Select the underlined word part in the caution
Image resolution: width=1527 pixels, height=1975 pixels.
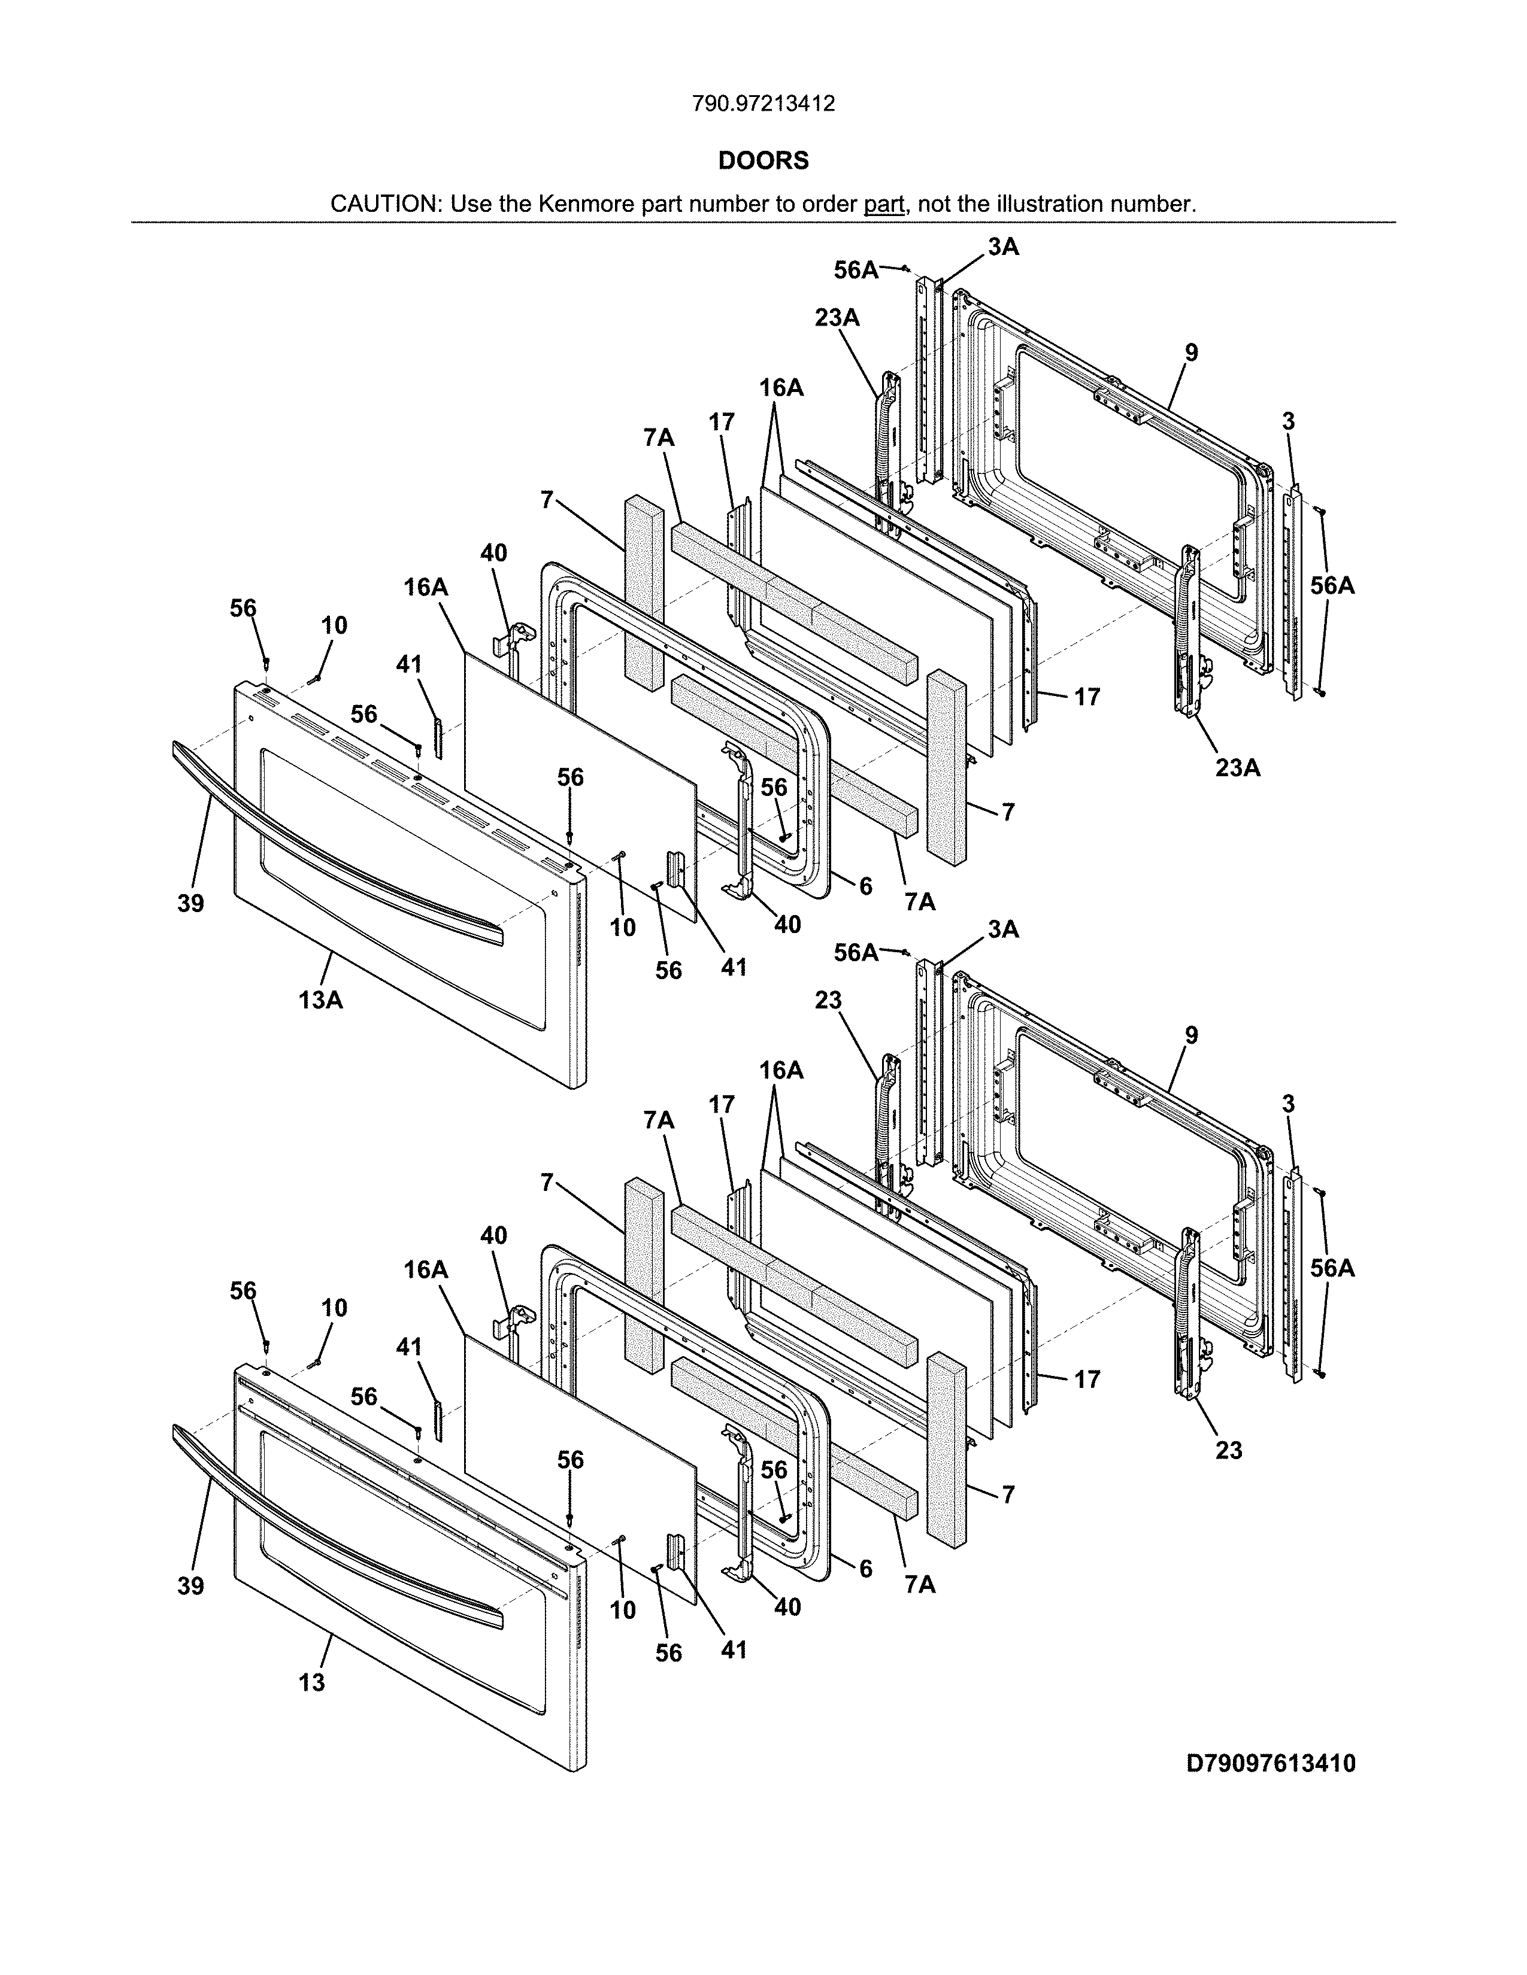coord(884,204)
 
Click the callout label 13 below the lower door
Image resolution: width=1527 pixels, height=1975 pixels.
coord(311,1683)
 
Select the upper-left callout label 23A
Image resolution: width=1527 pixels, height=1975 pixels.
coord(836,318)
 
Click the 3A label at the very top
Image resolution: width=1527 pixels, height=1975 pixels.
coord(1003,247)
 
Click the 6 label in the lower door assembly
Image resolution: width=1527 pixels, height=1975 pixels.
coord(866,1569)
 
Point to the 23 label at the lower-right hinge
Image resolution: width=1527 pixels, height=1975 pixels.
coord(1228,1451)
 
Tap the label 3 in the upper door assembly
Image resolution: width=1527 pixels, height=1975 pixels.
coord(1288,421)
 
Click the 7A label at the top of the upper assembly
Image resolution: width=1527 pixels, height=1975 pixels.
coord(659,437)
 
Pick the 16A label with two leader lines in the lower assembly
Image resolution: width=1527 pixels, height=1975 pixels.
coord(781,1071)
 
